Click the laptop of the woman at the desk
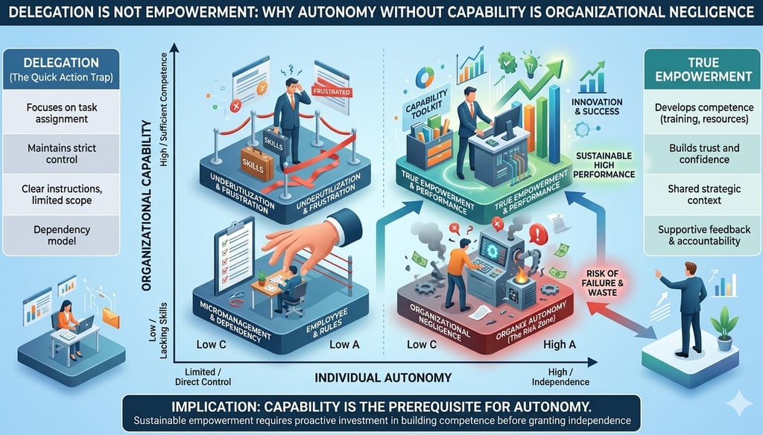[x=82, y=324]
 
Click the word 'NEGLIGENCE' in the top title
[x=691, y=12]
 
